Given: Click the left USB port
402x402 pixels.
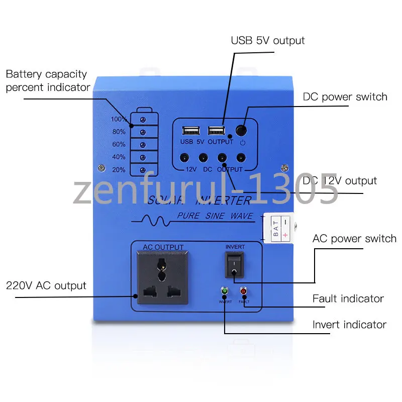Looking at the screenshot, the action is point(190,131).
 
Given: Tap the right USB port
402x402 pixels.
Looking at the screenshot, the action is point(216,131).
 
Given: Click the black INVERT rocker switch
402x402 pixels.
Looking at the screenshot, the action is point(235,264).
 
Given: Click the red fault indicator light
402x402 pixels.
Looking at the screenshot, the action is point(244,291).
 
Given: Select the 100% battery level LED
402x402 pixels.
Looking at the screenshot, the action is point(143,120).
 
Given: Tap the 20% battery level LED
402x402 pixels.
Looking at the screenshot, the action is point(143,170).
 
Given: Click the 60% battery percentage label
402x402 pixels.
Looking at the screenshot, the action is point(119,145).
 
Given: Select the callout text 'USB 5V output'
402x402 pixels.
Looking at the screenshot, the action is point(268,40).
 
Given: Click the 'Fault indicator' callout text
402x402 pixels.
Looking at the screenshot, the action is point(348,298).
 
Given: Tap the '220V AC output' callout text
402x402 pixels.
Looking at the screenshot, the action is point(46,286).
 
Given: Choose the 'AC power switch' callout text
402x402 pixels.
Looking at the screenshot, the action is point(354,238).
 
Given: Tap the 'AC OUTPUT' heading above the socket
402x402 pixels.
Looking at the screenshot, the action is point(163,247).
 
